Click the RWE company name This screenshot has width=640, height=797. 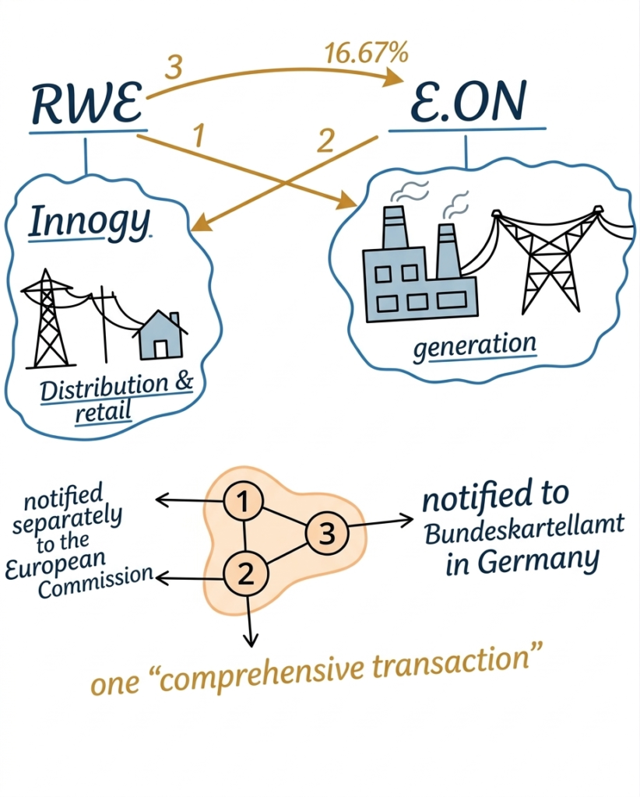pyautogui.click(x=87, y=104)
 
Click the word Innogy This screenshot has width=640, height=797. pyautogui.click(x=89, y=222)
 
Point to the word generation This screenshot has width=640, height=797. pyautogui.click(x=474, y=346)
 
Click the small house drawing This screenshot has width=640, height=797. pyautogui.click(x=160, y=335)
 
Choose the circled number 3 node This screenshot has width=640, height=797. pyautogui.click(x=327, y=533)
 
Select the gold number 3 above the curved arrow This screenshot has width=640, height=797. pyautogui.click(x=174, y=67)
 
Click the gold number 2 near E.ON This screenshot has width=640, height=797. pyautogui.click(x=325, y=141)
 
